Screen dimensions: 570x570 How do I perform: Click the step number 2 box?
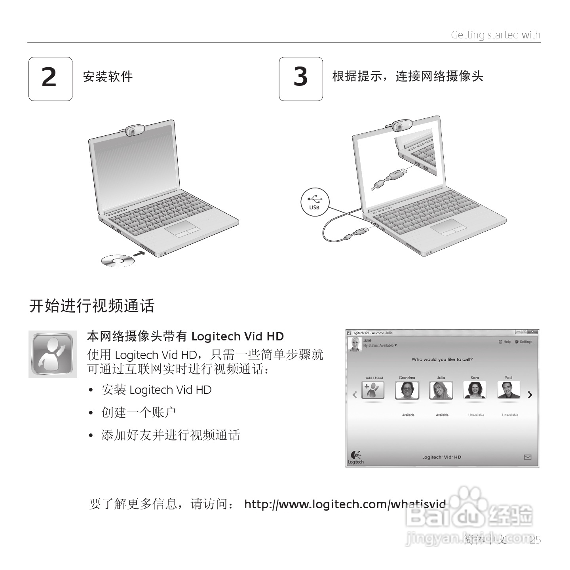click(50, 79)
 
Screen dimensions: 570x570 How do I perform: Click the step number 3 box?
click(300, 79)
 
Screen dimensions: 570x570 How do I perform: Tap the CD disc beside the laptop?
click(118, 261)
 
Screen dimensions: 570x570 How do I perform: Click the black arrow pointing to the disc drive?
click(139, 253)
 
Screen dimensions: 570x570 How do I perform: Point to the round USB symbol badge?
click(315, 202)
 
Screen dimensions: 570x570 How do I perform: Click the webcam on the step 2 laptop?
click(134, 130)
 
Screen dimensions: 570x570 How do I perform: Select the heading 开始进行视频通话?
click(92, 306)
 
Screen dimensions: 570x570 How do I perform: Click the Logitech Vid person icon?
click(53, 354)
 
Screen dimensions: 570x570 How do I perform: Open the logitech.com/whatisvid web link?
click(345, 504)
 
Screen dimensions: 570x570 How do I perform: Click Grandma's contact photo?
click(407, 390)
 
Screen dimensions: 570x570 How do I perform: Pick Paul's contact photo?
click(508, 390)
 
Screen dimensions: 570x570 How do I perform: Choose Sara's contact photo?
click(475, 390)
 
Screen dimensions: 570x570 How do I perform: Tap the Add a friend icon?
click(373, 390)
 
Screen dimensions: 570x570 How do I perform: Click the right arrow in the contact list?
click(530, 395)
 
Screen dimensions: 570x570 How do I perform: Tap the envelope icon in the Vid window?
click(528, 457)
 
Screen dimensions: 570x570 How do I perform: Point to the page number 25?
click(535, 540)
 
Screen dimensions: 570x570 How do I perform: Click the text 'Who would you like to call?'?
click(442, 359)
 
